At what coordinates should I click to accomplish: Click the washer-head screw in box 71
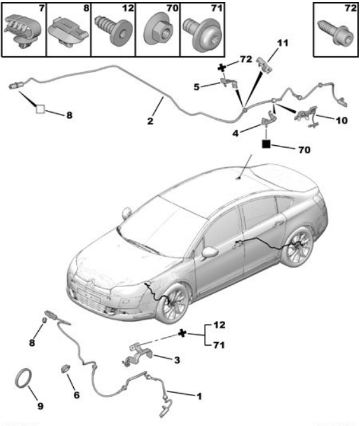tap(202, 34)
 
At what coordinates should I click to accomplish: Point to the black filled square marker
tap(266, 144)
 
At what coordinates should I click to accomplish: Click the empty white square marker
tap(40, 109)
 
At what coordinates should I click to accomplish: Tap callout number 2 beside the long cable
tap(150, 121)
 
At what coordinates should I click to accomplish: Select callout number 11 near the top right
tap(282, 43)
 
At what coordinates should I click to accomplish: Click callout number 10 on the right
tap(342, 120)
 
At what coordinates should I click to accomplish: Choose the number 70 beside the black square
tap(305, 150)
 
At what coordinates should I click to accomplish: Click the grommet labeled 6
tap(65, 369)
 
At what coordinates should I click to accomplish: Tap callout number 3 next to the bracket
tap(177, 360)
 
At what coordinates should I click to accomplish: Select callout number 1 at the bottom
tap(199, 396)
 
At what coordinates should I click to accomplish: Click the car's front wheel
tap(174, 304)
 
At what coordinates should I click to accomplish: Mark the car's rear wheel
tap(296, 246)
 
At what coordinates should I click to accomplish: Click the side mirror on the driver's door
tap(211, 252)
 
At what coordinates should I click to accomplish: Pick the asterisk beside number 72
tap(222, 67)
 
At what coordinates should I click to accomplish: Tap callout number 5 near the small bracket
tap(197, 87)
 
